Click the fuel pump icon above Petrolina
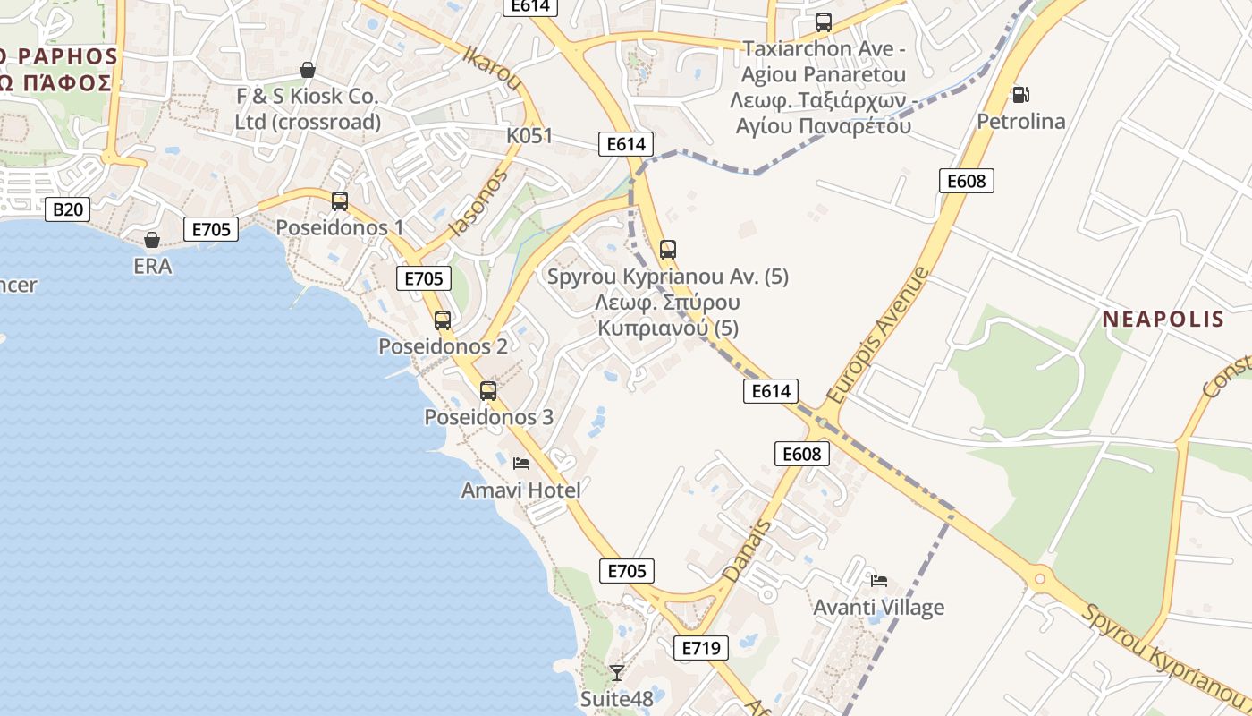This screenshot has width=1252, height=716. click(x=1019, y=94)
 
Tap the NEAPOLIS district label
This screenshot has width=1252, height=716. click(x=1163, y=319)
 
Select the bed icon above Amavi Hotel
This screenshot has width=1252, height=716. click(x=521, y=463)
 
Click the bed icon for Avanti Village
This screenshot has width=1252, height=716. click(x=879, y=580)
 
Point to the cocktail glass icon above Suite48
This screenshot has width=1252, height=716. click(x=616, y=671)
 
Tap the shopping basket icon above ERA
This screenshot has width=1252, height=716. click(x=152, y=239)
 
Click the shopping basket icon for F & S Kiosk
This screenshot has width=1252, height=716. click(x=308, y=69)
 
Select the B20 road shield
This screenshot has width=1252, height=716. click(x=68, y=209)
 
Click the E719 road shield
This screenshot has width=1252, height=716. click(x=700, y=647)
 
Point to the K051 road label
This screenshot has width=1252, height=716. click(x=529, y=136)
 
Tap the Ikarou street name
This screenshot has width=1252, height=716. click(x=493, y=67)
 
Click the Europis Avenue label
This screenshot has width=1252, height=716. click(x=878, y=335)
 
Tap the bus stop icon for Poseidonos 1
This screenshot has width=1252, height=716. click(x=340, y=200)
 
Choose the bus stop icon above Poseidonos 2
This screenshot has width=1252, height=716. click(x=443, y=320)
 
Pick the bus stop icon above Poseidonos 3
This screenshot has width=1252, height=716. click(x=488, y=390)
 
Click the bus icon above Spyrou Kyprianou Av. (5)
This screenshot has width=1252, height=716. click(x=668, y=249)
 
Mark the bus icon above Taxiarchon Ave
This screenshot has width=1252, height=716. click(x=824, y=22)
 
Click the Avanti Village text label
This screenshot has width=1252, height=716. click(x=878, y=608)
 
